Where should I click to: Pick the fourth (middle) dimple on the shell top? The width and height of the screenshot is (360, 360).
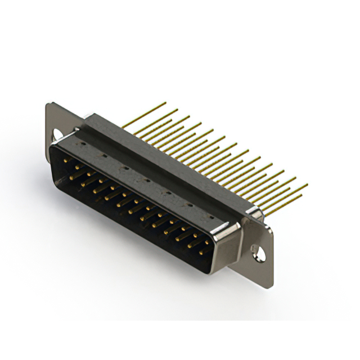[146, 180]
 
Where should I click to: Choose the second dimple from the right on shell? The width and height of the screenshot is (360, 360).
[189, 204]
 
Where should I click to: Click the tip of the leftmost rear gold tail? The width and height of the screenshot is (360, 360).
[165, 103]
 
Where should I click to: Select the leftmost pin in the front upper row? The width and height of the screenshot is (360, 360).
[66, 160]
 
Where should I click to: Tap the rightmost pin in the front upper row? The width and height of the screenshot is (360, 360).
[206, 238]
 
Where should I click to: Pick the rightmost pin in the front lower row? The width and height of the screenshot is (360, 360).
[201, 252]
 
